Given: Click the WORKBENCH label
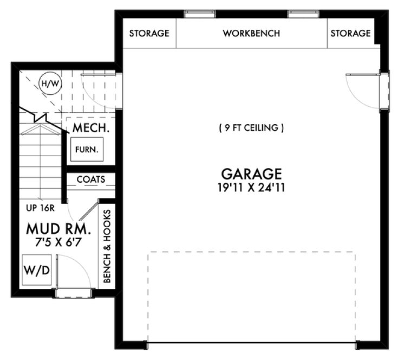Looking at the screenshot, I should (251, 33).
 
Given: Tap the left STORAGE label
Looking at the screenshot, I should (149, 33).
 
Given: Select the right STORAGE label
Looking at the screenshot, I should (350, 33).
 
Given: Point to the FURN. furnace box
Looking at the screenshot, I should (87, 150).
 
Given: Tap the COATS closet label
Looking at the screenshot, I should (90, 179).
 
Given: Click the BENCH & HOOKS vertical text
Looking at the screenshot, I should (107, 246).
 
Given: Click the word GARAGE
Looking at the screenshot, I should (251, 174).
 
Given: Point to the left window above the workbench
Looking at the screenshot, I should (199, 14).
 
